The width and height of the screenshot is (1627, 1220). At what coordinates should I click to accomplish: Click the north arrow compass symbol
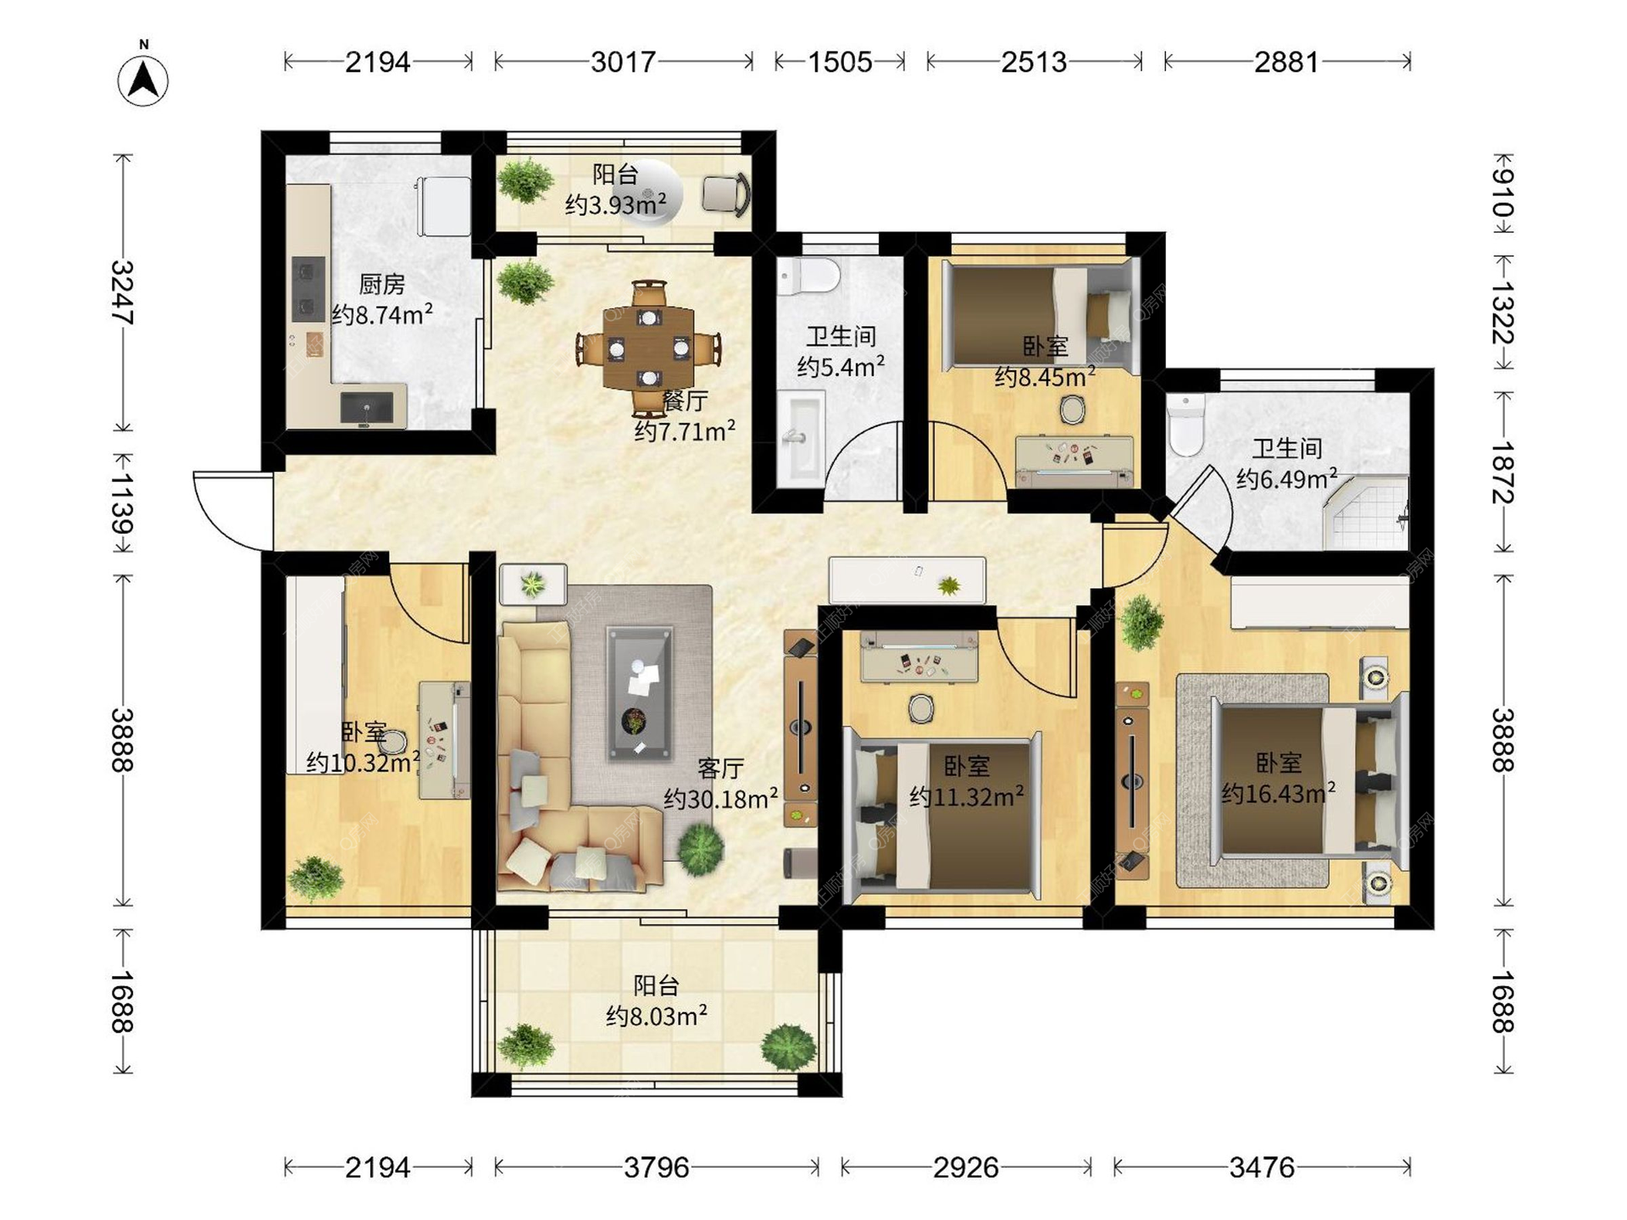(143, 79)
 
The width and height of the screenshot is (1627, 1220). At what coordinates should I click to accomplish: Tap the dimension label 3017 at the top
(624, 62)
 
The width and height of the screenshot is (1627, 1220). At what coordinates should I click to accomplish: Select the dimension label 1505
(839, 62)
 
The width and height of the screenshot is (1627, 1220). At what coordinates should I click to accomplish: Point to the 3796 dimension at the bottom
(657, 1168)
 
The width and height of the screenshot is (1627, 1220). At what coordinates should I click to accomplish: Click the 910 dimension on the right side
(1502, 192)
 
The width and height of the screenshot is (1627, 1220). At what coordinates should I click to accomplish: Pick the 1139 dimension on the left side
(124, 503)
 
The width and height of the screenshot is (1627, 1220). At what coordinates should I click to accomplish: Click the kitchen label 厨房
(381, 284)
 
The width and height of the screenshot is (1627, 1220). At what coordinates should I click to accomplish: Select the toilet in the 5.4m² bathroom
(808, 276)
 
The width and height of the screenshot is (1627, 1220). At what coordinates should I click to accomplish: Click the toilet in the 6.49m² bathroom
(1186, 424)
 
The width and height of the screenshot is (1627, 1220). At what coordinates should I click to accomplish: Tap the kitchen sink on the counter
(367, 408)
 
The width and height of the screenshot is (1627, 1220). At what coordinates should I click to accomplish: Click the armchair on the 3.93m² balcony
(726, 194)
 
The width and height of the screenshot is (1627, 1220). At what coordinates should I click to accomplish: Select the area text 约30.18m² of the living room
(720, 798)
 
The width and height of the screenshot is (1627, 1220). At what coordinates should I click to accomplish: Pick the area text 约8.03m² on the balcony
(657, 1015)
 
